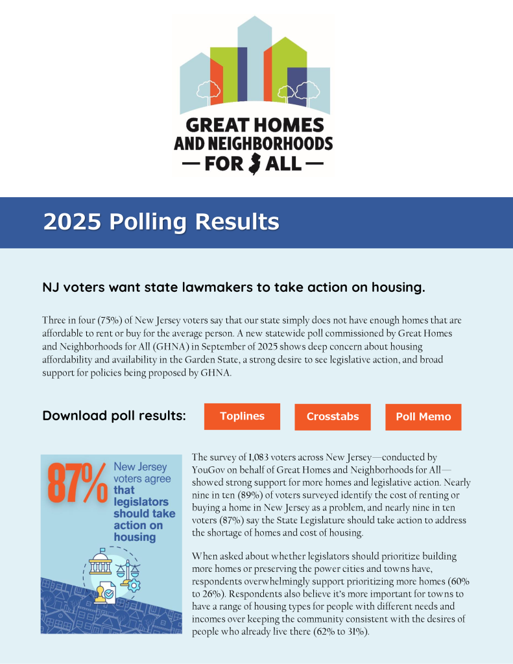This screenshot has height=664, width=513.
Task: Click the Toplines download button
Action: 242,416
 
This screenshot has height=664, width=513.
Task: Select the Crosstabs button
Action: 332,417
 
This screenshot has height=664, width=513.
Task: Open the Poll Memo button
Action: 423,417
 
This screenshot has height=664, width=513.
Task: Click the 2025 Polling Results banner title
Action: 161,222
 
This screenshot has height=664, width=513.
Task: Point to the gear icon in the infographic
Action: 135,586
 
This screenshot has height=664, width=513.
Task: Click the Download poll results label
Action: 114,416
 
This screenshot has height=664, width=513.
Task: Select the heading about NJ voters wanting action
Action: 233,287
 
